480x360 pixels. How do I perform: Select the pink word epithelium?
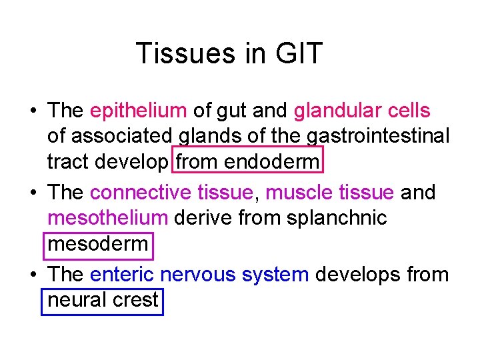[x=138, y=111]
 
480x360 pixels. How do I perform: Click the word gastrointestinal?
[x=378, y=136]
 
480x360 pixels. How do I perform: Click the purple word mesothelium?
[x=108, y=218]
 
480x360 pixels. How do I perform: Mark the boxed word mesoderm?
[x=98, y=244]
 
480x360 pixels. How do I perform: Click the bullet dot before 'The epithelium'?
[x=33, y=111]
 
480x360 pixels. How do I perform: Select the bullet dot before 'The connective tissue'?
[x=33, y=193]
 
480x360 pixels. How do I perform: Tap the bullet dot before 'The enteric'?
[x=33, y=275]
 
